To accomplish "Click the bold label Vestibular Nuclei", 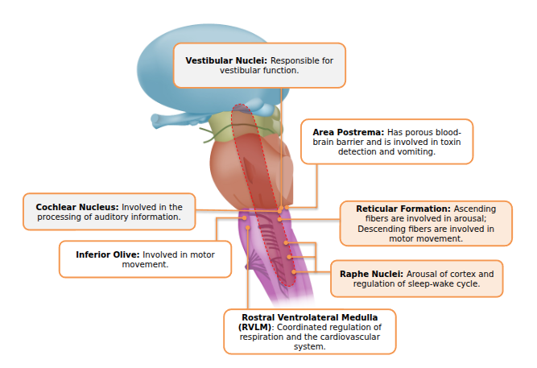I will tap(226, 60).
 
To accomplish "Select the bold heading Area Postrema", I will tap(348, 131).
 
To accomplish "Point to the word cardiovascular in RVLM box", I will tap(338, 337).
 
